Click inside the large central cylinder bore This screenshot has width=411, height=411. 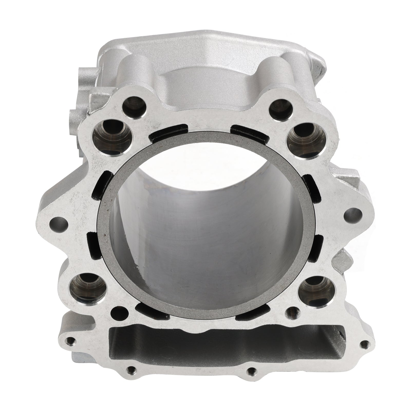pos(206,231)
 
